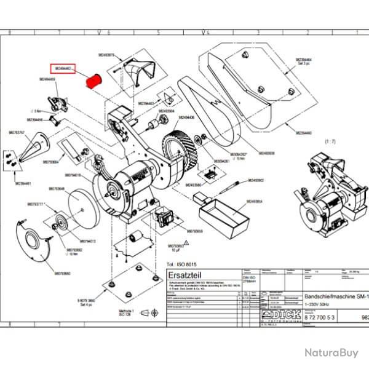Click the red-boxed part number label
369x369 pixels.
[63, 68]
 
